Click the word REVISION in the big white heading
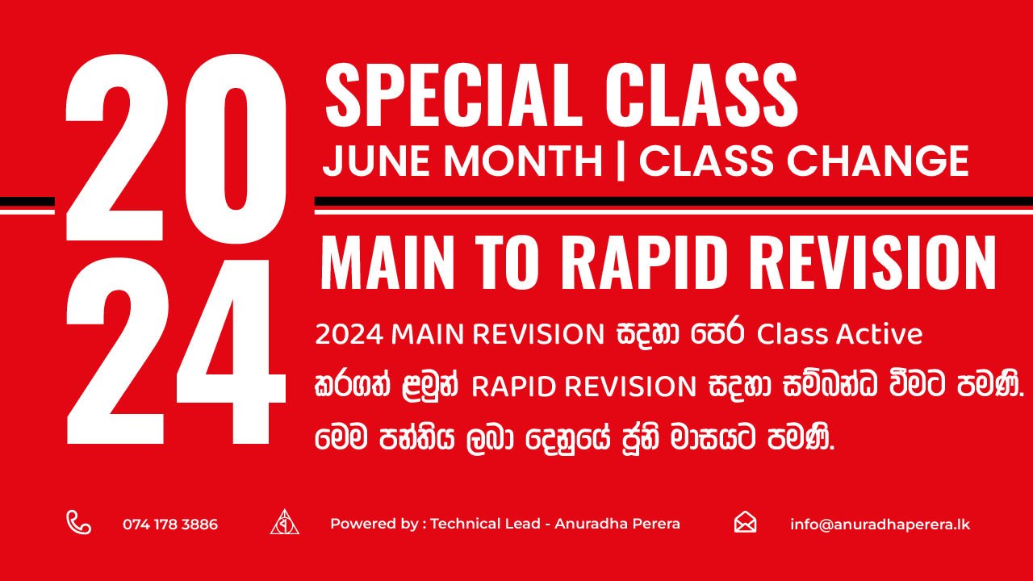point(864,263)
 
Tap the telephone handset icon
point(78,523)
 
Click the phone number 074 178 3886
point(170,525)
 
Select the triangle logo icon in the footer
point(284,523)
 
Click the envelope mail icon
point(745,523)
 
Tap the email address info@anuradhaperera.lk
point(880,525)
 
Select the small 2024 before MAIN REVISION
point(349,334)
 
